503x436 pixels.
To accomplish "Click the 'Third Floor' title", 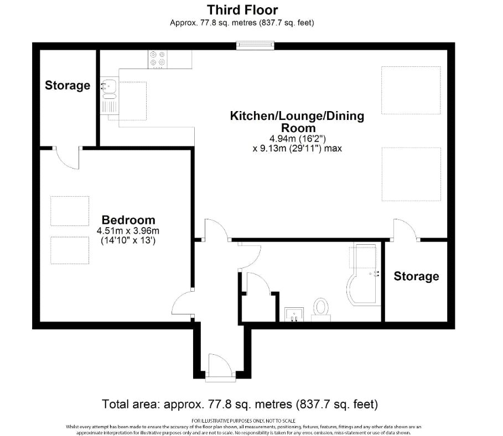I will (242, 9).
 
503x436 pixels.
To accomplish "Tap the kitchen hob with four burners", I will (157, 60).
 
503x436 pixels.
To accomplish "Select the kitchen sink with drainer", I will (109, 94).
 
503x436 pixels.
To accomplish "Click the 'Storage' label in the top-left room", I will (68, 85).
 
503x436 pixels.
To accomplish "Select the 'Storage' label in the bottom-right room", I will (416, 276).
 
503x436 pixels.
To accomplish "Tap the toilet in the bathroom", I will (320, 309).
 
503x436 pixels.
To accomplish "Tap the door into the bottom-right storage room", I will (405, 230).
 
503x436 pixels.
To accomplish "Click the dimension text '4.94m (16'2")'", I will (297, 139).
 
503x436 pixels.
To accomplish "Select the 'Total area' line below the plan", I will (240, 403).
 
